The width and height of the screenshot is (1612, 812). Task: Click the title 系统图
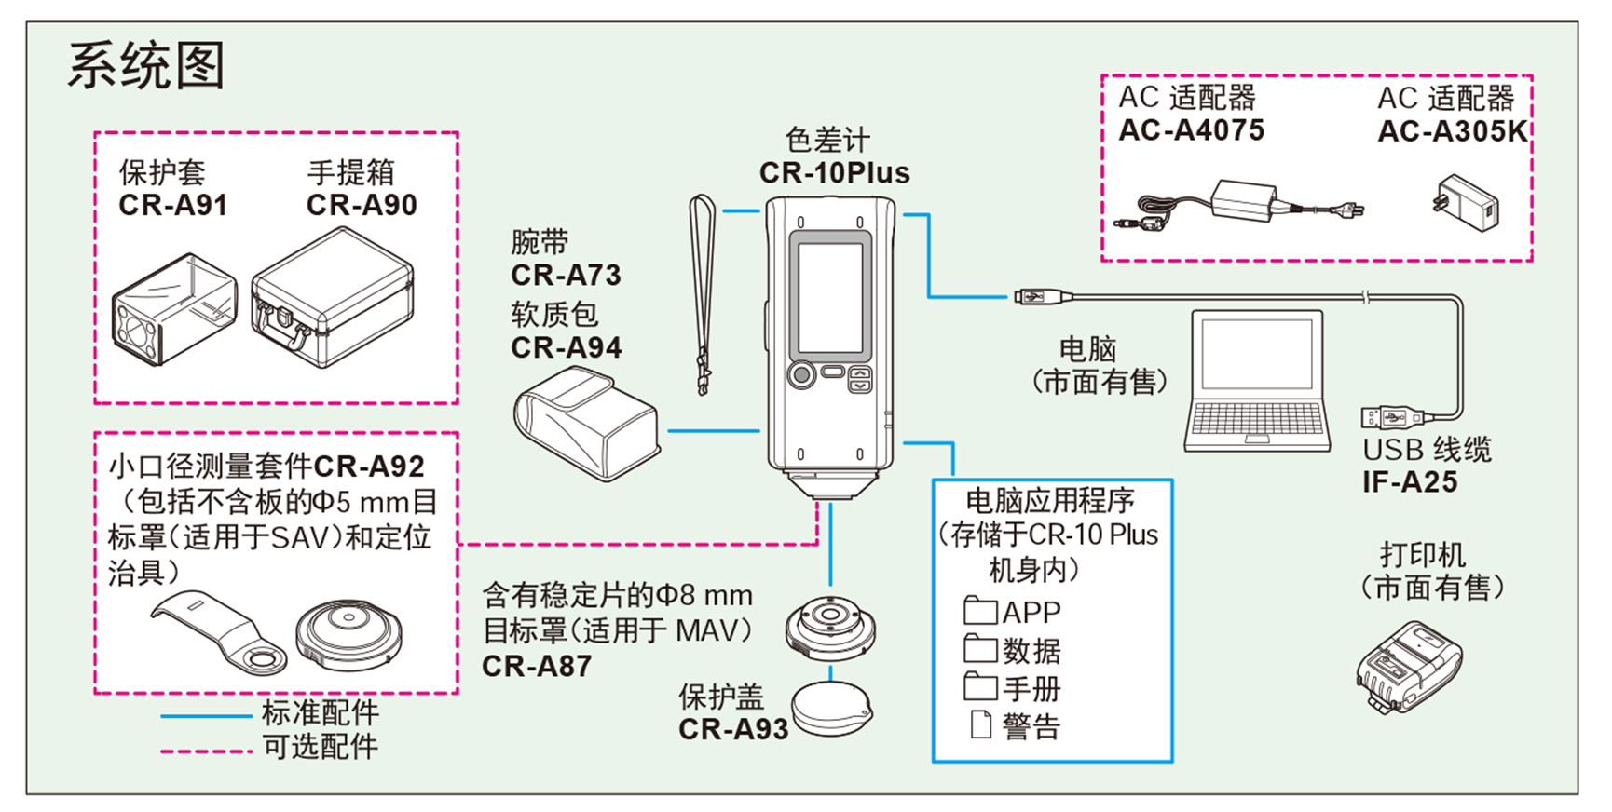[146, 66]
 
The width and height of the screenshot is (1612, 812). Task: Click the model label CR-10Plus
[834, 173]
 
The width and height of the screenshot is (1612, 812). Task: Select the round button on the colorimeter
[800, 375]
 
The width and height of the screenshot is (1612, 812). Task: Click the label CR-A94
[566, 348]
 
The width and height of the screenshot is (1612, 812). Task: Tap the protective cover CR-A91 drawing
[174, 309]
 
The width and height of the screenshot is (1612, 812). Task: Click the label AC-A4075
[1191, 130]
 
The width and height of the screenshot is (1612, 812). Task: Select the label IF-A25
[1409, 482]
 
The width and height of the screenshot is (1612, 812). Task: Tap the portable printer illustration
[1407, 666]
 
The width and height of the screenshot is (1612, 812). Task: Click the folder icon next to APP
[979, 611]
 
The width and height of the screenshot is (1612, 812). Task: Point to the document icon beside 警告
[980, 724]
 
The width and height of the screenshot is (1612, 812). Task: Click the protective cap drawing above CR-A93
[832, 710]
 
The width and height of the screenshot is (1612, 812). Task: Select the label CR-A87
[537, 667]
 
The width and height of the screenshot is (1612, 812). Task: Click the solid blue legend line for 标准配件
[206, 716]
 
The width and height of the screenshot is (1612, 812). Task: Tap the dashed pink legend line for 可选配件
[206, 751]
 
